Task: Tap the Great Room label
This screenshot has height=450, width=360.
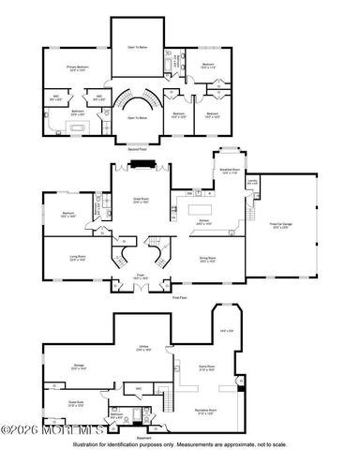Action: point(141,202)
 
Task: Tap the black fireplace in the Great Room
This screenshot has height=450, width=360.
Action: point(142,167)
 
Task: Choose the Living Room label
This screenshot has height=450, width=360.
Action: point(78,259)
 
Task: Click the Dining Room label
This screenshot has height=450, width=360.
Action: point(206,259)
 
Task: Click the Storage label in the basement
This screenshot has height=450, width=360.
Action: point(78,367)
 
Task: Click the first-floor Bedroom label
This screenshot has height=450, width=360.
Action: point(69,215)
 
